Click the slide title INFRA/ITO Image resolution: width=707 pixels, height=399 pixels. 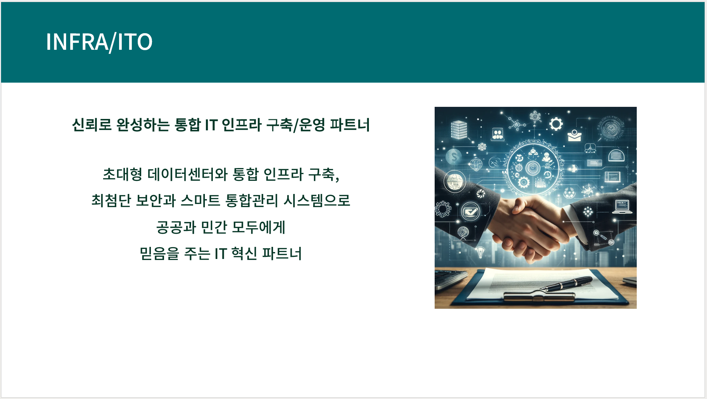tap(99, 42)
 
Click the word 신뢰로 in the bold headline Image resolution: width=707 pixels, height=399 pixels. tap(92, 125)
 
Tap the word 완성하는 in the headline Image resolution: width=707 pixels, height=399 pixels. tap(143, 125)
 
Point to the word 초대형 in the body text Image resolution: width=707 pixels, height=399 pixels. tap(123, 174)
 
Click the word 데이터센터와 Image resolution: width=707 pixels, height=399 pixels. tap(188, 174)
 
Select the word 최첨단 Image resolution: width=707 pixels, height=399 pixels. tap(111, 201)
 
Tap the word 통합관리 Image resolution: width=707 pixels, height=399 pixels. tap(252, 201)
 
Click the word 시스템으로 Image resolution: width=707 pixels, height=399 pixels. tap(317, 201)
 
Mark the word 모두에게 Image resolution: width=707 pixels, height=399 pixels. tap(259, 227)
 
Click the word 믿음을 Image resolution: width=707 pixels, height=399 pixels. tap(160, 253)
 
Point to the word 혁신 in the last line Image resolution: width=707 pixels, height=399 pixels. tap(244, 253)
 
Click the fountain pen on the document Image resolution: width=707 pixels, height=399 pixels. tap(566, 284)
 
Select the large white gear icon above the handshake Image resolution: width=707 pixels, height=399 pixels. tap(556, 124)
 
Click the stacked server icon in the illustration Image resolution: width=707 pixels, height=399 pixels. tap(459, 130)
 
